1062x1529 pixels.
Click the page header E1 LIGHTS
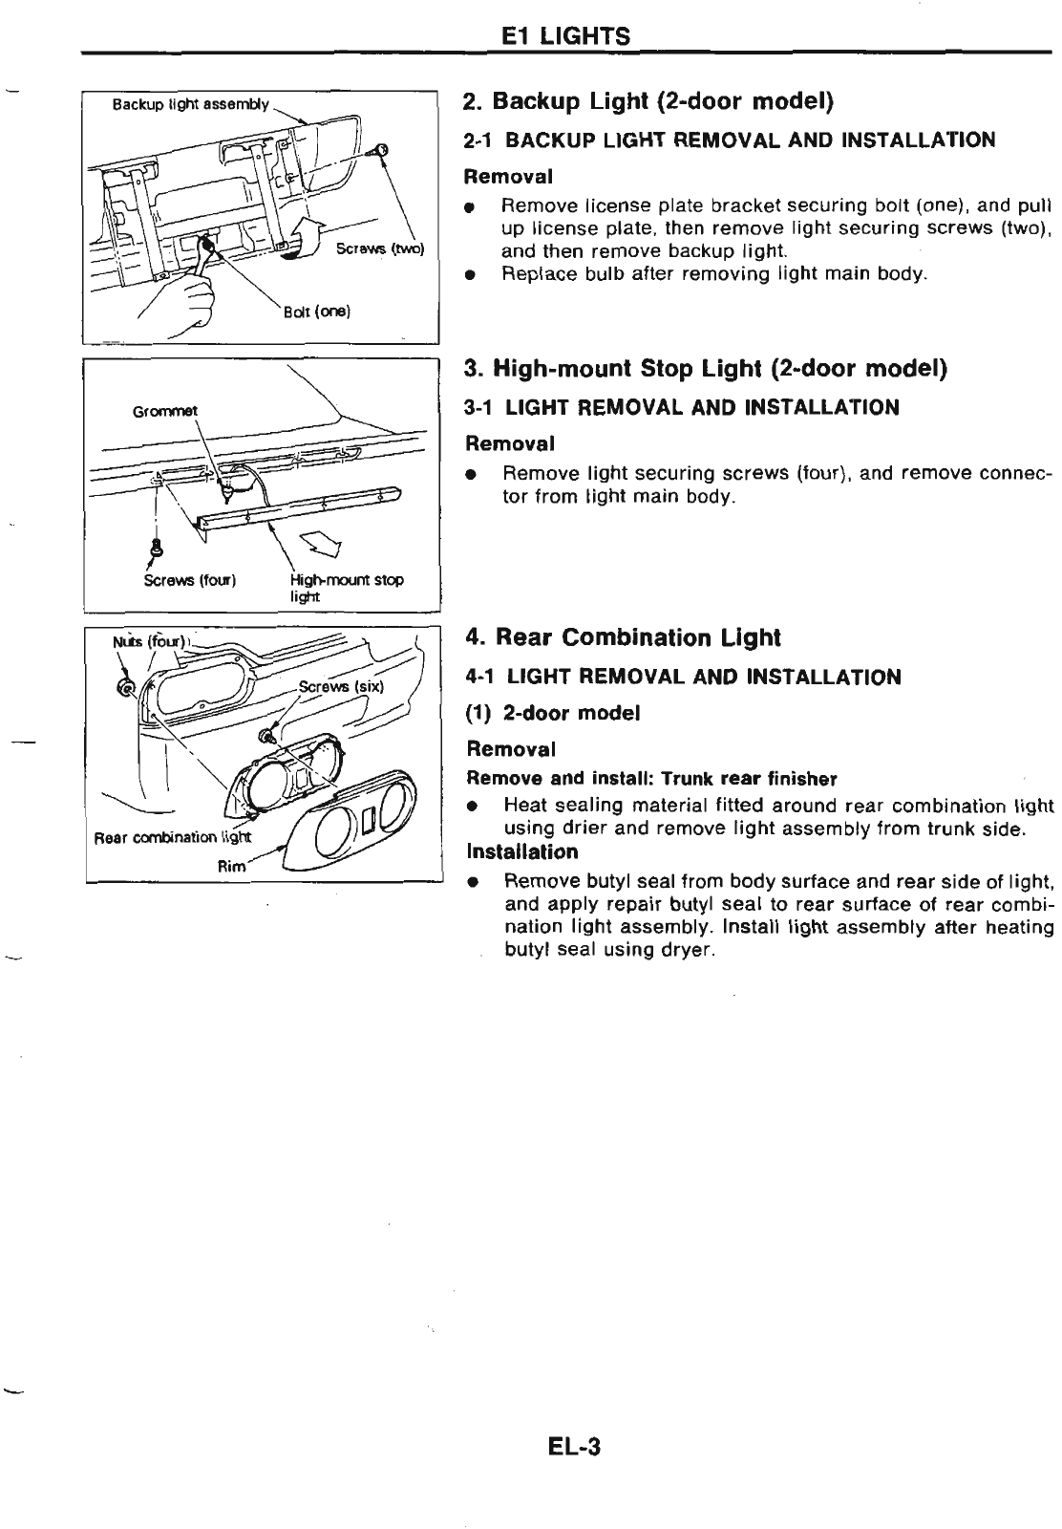565,36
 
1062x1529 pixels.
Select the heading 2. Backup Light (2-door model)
648,101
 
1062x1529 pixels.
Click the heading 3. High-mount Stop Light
705,369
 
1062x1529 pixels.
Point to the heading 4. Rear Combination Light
623,637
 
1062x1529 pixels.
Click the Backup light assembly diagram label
190,104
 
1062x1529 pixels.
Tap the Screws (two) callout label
379,250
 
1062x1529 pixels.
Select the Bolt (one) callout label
317,312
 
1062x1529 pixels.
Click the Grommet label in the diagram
164,411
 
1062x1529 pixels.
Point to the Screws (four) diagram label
189,580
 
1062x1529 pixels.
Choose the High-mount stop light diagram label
346,587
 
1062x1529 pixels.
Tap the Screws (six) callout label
340,686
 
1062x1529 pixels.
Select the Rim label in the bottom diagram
232,866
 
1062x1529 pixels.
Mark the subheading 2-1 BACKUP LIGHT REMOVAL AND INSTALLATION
729,140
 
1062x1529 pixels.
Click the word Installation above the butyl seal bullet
522,851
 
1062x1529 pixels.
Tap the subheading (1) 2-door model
552,713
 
